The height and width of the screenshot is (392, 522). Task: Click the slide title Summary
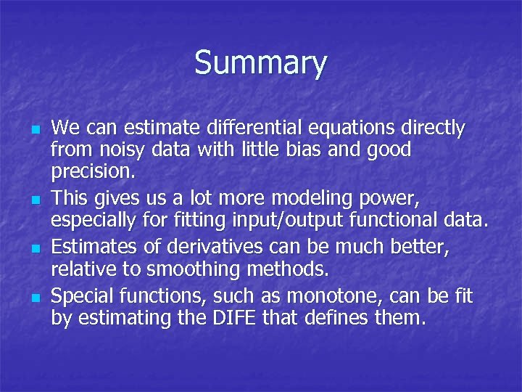point(260,62)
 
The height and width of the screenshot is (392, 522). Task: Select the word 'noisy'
point(113,150)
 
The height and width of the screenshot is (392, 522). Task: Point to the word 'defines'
point(347,317)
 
